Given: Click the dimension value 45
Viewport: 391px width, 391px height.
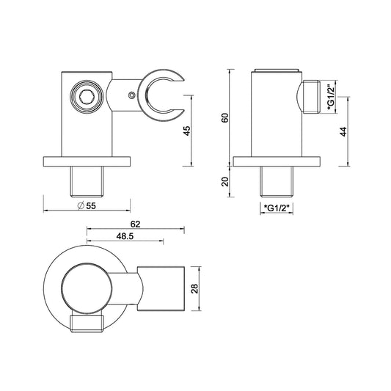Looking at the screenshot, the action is pyautogui.click(x=187, y=131).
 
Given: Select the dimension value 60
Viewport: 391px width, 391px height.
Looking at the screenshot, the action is pyautogui.click(x=225, y=117).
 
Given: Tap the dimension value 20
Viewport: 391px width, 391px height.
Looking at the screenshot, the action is pyautogui.click(x=225, y=181).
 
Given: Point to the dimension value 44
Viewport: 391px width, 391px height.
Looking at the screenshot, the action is pyautogui.click(x=343, y=131).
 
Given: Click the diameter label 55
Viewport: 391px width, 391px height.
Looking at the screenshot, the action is pyautogui.click(x=87, y=205).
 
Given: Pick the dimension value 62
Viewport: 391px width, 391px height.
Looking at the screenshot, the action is pyautogui.click(x=136, y=224).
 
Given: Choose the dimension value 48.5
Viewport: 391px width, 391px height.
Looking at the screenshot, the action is pyautogui.click(x=125, y=236).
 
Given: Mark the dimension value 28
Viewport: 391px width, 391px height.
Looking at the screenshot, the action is pyautogui.click(x=194, y=288).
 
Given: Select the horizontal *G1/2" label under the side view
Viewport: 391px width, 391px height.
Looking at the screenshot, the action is pyautogui.click(x=277, y=208).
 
